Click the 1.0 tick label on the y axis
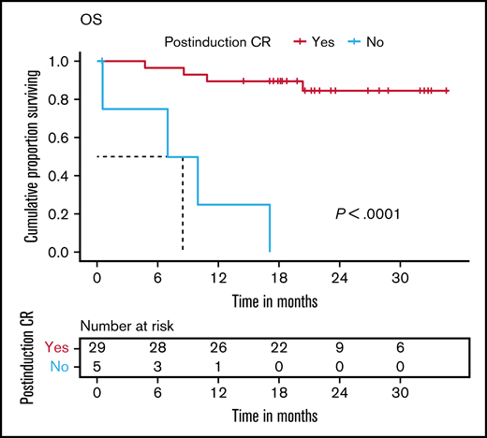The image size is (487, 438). tap(75, 62)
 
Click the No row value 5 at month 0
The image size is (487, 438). tap(98, 365)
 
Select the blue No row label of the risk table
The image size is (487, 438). tap(64, 365)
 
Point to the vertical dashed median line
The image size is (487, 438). tap(183, 206)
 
